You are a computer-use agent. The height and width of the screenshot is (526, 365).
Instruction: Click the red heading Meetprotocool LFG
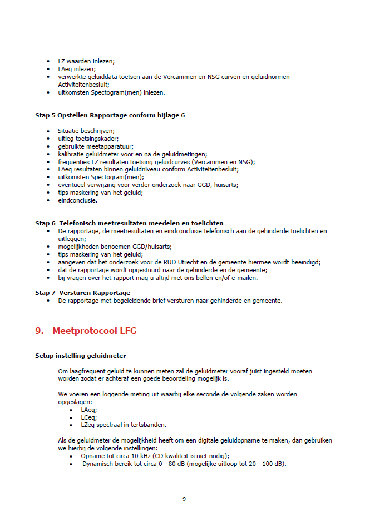pyautogui.click(x=94, y=331)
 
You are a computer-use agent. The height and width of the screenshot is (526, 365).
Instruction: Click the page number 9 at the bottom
pyautogui.click(x=184, y=498)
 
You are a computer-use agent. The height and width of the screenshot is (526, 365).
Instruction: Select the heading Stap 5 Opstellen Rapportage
pyautogui.click(x=110, y=115)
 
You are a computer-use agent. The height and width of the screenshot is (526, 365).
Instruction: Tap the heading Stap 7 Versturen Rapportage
pyautogui.click(x=82, y=293)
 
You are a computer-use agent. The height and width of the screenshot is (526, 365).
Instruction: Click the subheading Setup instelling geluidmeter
pyautogui.click(x=80, y=356)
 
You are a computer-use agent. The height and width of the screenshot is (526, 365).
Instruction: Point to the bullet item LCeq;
pyautogui.click(x=89, y=416)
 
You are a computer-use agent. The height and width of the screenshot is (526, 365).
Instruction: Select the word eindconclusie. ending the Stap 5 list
pyautogui.click(x=78, y=200)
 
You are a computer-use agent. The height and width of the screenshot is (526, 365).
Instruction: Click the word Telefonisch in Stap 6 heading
pyautogui.click(x=82, y=223)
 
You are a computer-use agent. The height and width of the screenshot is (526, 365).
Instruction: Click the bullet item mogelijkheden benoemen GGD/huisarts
pyautogui.click(x=115, y=246)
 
